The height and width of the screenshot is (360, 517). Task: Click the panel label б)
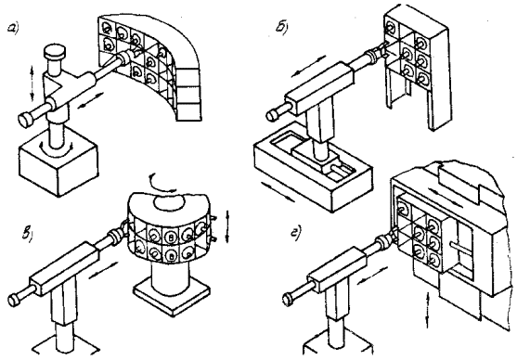click(281, 29)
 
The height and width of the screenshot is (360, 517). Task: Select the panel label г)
click(294, 234)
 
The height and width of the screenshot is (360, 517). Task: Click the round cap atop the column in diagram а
click(55, 52)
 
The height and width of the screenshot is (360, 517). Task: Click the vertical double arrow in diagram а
click(32, 84)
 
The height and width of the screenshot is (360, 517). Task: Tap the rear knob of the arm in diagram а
click(25, 119)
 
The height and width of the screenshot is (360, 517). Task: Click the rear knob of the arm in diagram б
click(272, 114)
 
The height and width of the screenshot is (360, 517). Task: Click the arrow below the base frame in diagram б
click(278, 192)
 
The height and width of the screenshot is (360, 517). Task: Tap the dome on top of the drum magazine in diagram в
click(170, 201)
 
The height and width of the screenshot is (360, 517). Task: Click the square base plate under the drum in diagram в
click(172, 296)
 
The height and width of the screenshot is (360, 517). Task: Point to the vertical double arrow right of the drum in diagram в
click(227, 226)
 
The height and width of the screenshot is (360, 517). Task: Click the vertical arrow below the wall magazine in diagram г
click(429, 310)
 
